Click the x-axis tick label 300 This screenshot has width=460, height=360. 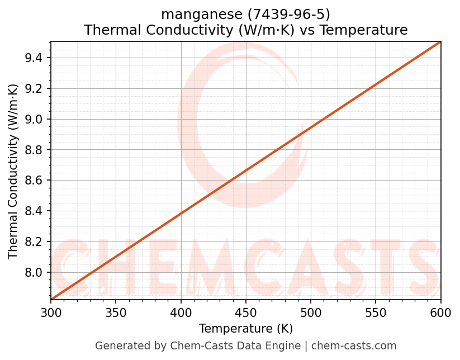click(x=51, y=312)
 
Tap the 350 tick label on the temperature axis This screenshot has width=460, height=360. click(x=116, y=312)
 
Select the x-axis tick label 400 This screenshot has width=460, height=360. click(x=181, y=312)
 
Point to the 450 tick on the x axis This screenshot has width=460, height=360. click(x=246, y=312)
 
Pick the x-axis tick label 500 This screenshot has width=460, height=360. click(x=311, y=312)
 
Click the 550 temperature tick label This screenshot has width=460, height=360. click(x=376, y=312)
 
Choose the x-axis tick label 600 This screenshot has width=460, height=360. click(x=440, y=312)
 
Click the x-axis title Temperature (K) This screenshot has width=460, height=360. click(x=246, y=329)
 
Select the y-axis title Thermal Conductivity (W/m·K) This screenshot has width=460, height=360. click(x=13, y=171)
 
